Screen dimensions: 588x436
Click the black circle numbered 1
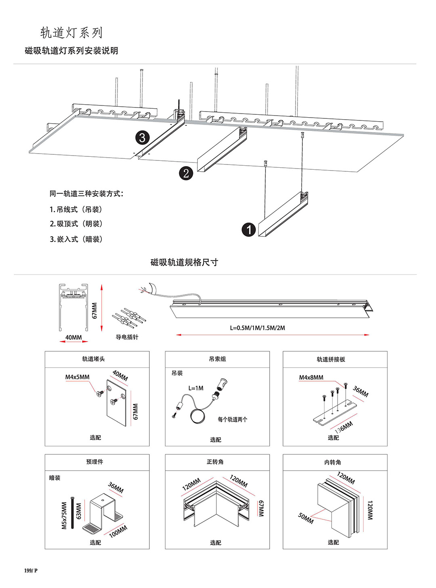249,230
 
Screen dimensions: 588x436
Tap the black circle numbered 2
186,173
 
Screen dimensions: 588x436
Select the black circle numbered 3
142,138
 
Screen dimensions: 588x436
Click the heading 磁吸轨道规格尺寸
184,262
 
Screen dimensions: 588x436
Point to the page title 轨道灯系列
71,33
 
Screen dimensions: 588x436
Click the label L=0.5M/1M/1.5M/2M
258,328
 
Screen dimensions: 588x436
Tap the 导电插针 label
127,337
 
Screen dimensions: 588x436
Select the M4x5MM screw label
78,377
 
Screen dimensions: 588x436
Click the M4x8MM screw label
311,377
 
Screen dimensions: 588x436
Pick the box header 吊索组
217,359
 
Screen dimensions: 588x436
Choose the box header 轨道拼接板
331,359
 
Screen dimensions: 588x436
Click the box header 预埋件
94,462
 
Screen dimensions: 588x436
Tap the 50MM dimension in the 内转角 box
306,518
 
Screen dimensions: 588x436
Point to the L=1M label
196,388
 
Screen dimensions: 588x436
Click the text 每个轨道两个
233,419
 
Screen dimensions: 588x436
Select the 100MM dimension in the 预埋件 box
118,531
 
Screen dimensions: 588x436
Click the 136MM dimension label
344,427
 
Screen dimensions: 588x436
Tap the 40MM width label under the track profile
73,337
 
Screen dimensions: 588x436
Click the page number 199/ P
31,571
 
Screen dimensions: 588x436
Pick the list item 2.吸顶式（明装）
76,224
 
